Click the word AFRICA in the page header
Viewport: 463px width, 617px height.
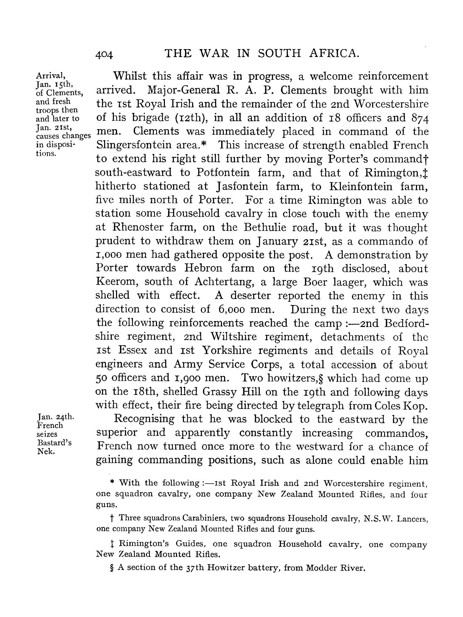(x=334, y=53)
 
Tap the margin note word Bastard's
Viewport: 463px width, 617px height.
(x=54, y=442)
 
